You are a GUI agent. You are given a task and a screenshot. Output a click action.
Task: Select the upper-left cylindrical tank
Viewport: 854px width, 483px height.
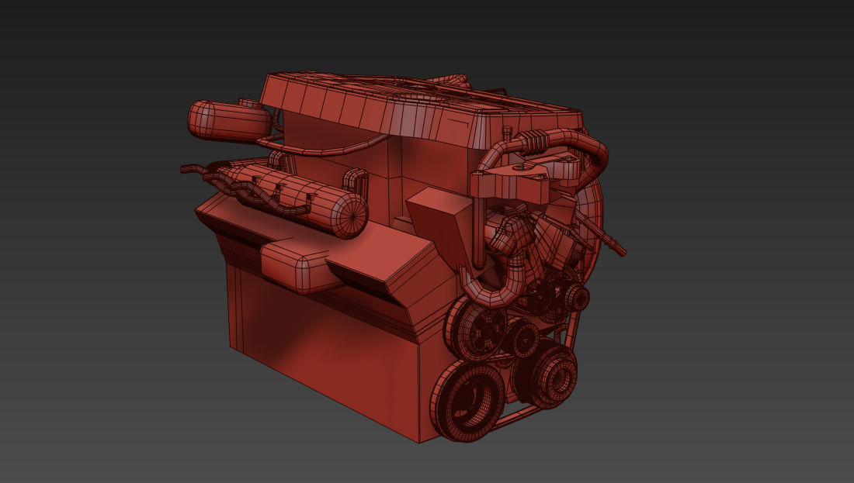pyautogui.click(x=225, y=121)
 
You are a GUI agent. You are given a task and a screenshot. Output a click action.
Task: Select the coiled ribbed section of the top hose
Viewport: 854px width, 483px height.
pyautogui.click(x=535, y=140)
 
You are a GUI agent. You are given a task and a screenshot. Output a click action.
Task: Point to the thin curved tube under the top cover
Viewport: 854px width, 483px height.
pyautogui.click(x=326, y=147)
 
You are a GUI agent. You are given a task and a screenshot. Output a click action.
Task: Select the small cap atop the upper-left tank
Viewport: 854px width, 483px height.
pyautogui.click(x=248, y=102)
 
